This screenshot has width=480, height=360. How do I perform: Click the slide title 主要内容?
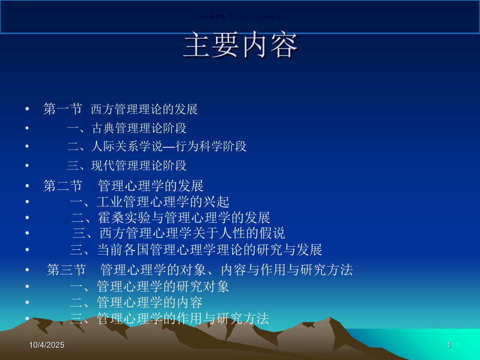pos(241,46)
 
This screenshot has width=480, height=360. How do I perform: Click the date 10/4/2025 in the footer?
pos(50,345)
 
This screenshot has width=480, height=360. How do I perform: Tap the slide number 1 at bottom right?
pos(449,345)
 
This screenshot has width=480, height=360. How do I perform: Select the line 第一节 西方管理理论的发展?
pos(121,109)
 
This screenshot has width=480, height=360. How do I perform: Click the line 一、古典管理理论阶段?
pos(127,128)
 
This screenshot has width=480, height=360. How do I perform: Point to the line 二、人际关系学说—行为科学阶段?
pos(157,147)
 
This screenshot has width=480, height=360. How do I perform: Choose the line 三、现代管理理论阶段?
pos(127,166)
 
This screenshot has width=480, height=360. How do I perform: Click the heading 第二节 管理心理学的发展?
pos(123,186)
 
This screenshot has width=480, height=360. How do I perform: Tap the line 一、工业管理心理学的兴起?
pos(149,201)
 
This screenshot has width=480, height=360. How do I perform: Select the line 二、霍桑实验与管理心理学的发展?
pos(171,218)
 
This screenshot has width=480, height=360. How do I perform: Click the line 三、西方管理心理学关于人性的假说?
pos(178,233)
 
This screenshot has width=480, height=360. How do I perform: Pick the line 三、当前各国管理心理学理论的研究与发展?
pos(196,249)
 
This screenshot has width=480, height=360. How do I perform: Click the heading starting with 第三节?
pos(200,270)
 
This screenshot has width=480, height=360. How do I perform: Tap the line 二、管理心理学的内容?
pos(136,302)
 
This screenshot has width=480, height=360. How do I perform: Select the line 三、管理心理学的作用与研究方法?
pos(170,318)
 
